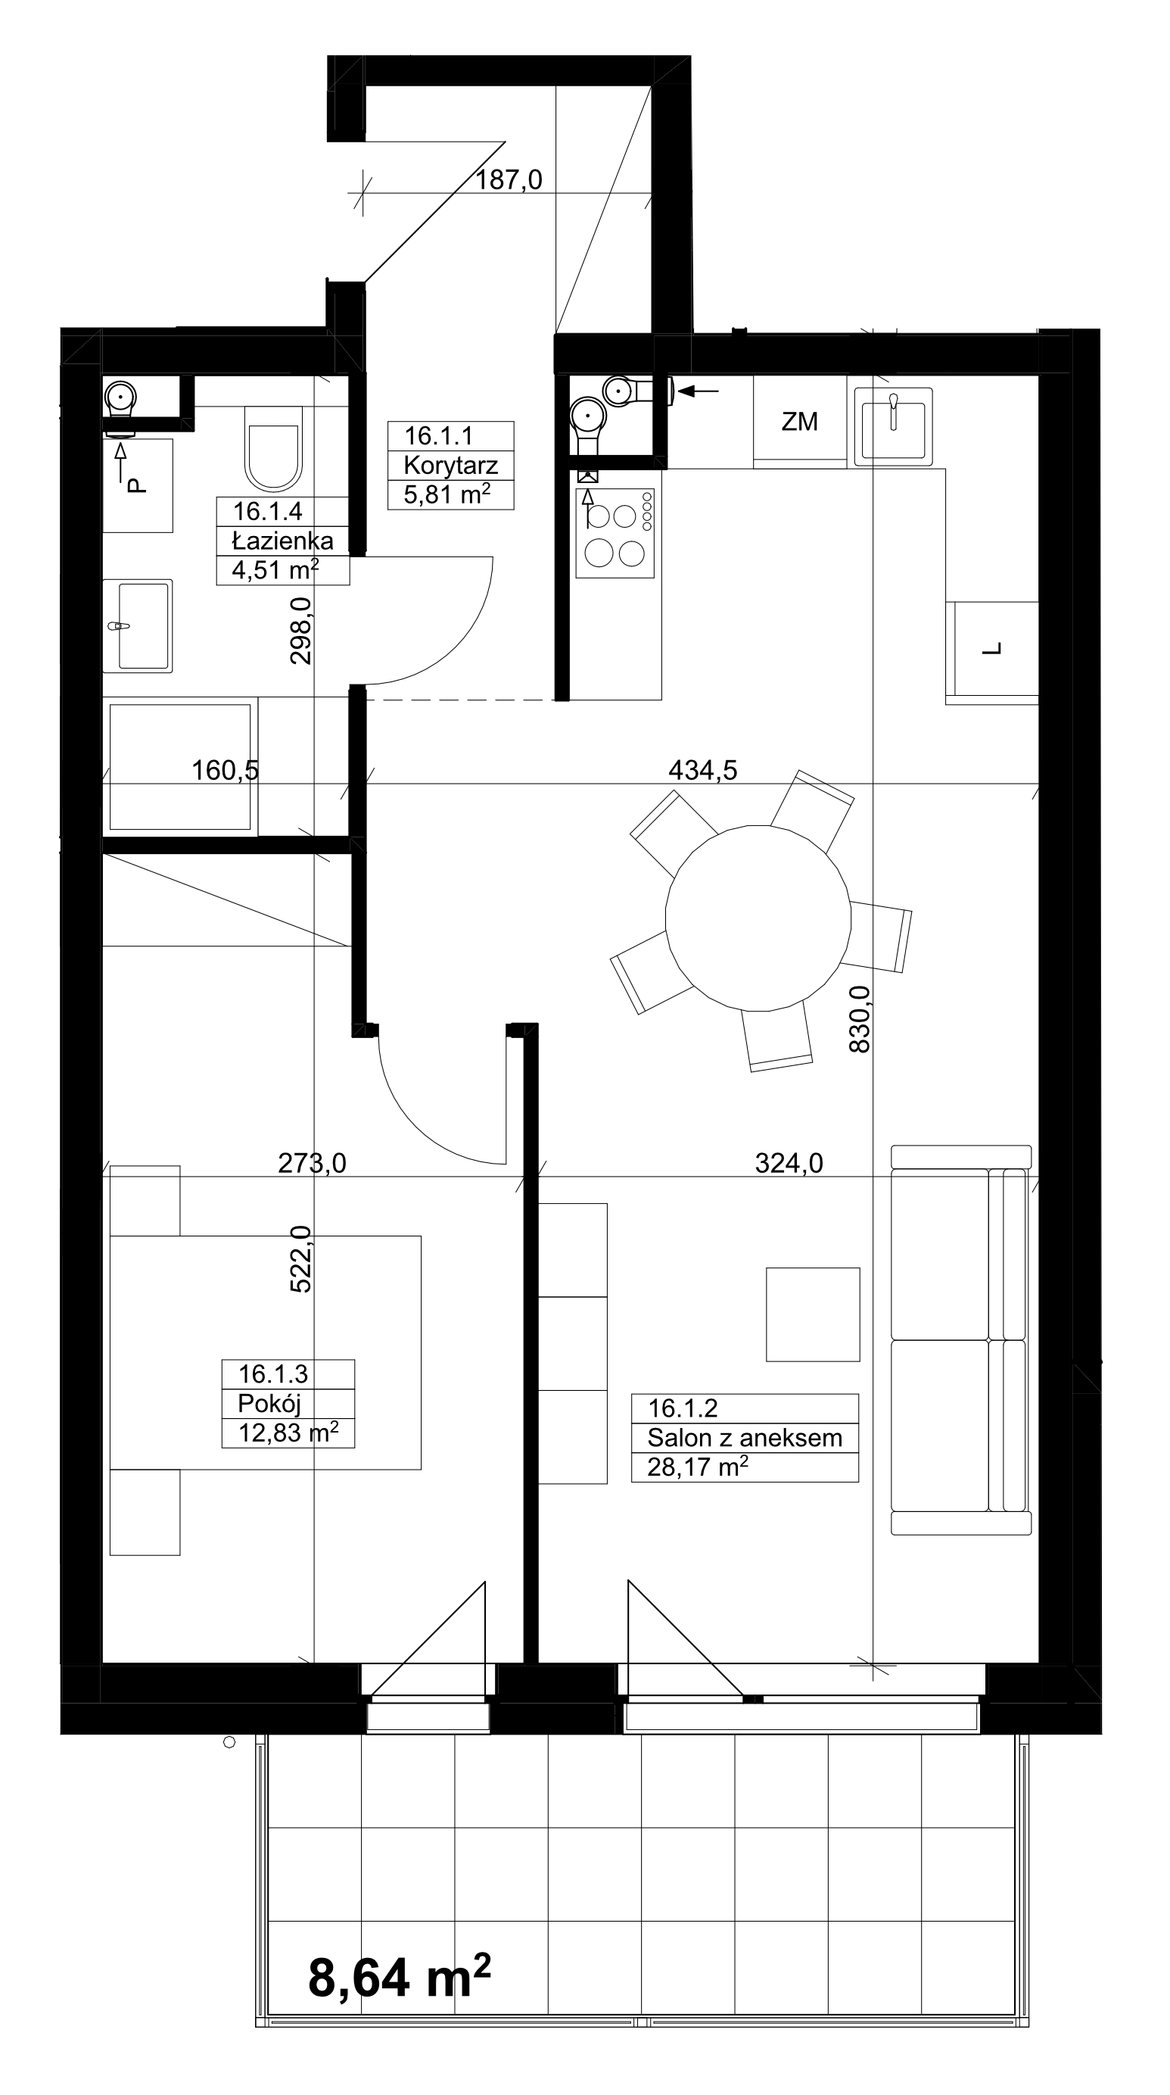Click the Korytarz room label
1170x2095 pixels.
tap(450, 465)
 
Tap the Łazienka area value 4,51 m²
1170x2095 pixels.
tap(275, 569)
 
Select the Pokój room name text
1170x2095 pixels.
tap(269, 1403)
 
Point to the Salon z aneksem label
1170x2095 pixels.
tap(744, 1438)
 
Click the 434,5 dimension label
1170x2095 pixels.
tap(702, 769)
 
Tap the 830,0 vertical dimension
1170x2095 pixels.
tap(860, 1019)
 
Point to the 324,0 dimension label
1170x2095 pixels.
tap(789, 1163)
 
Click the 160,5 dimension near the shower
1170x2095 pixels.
tap(226, 769)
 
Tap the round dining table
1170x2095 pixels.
tap(758, 918)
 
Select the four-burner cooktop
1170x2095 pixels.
tap(615, 533)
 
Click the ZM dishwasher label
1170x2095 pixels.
tap(799, 421)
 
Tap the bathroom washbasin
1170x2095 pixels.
tap(138, 625)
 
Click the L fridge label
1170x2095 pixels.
tap(993, 649)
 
